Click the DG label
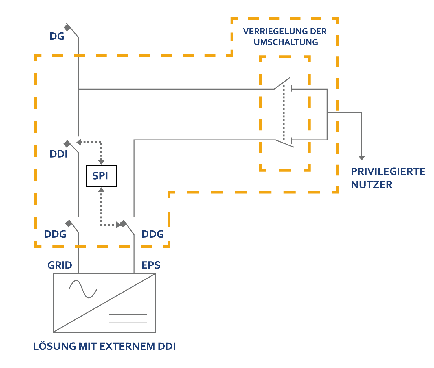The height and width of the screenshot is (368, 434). pyautogui.click(x=57, y=36)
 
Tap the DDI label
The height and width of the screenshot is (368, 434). pyautogui.click(x=58, y=154)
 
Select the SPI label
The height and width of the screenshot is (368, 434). pyautogui.click(x=100, y=176)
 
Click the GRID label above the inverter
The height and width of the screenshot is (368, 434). pyautogui.click(x=60, y=265)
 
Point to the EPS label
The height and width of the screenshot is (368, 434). pyautogui.click(x=151, y=265)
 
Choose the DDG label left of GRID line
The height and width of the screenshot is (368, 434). pyautogui.click(x=55, y=234)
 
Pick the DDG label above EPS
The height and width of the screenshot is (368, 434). pyautogui.click(x=152, y=234)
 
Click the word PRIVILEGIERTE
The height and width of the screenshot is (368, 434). pyautogui.click(x=388, y=171)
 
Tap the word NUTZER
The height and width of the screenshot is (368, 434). pyautogui.click(x=372, y=184)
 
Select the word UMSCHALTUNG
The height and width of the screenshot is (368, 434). pyautogui.click(x=286, y=42)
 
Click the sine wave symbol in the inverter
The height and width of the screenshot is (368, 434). pyautogui.click(x=83, y=289)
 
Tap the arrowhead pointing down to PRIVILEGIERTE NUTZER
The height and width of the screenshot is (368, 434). pyautogui.click(x=362, y=158)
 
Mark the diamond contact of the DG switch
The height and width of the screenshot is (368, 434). pyautogui.click(x=67, y=28)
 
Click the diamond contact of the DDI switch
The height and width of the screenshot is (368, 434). pyautogui.click(x=67, y=144)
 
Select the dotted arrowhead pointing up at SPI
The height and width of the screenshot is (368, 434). pyautogui.click(x=101, y=190)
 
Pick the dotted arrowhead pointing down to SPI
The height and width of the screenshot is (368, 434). pyautogui.click(x=101, y=162)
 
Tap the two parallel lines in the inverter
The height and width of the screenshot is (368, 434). pyautogui.click(x=128, y=319)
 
